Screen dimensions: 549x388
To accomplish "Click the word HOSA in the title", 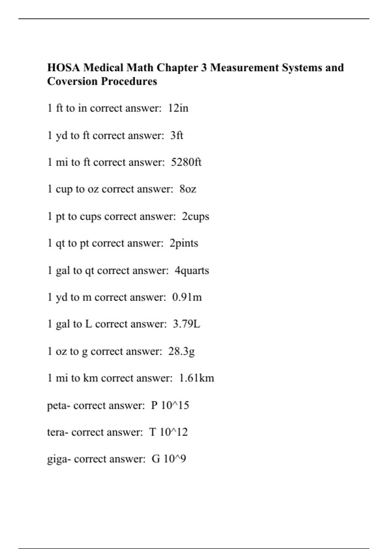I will (x=63, y=68).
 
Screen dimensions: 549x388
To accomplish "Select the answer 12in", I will (x=178, y=108).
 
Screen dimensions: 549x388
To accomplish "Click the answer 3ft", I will (x=177, y=135).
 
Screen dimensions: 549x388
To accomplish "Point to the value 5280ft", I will (x=186, y=162).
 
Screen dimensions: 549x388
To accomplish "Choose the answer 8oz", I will (x=188, y=189).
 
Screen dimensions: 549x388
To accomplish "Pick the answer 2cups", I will (x=195, y=216).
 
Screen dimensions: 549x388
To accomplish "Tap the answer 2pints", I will (x=184, y=243).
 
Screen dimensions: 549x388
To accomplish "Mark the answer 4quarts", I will (x=192, y=270).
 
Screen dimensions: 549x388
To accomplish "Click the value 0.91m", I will (x=187, y=297).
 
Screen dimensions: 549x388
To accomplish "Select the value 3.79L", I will (x=187, y=324).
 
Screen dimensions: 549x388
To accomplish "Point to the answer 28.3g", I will (x=181, y=351).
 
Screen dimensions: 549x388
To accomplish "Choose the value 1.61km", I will (x=196, y=378).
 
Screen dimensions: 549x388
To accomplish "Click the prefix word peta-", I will (x=59, y=405).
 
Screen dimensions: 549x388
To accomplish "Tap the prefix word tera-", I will (x=58, y=432).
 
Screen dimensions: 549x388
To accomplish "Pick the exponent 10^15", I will (x=175, y=405).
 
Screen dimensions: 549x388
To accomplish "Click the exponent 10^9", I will (x=175, y=459).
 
